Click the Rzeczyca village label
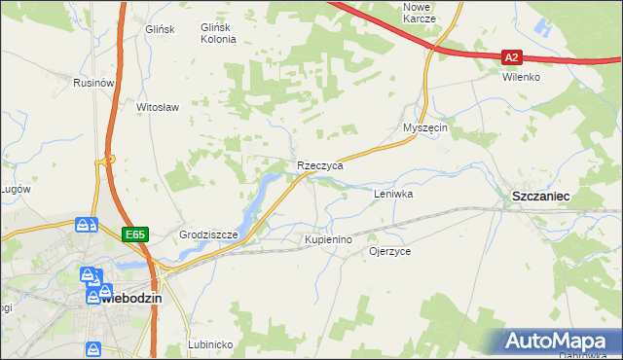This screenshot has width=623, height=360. (320, 166)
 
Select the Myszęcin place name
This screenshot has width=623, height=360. (424, 128)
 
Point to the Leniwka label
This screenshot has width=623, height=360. (394, 195)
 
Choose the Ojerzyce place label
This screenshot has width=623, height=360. (390, 251)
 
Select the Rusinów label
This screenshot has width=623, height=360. (94, 84)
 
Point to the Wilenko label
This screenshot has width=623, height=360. (521, 77)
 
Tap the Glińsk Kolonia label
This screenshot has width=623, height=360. (218, 34)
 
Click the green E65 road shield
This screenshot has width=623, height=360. (134, 234)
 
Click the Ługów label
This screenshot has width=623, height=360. (14, 190)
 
